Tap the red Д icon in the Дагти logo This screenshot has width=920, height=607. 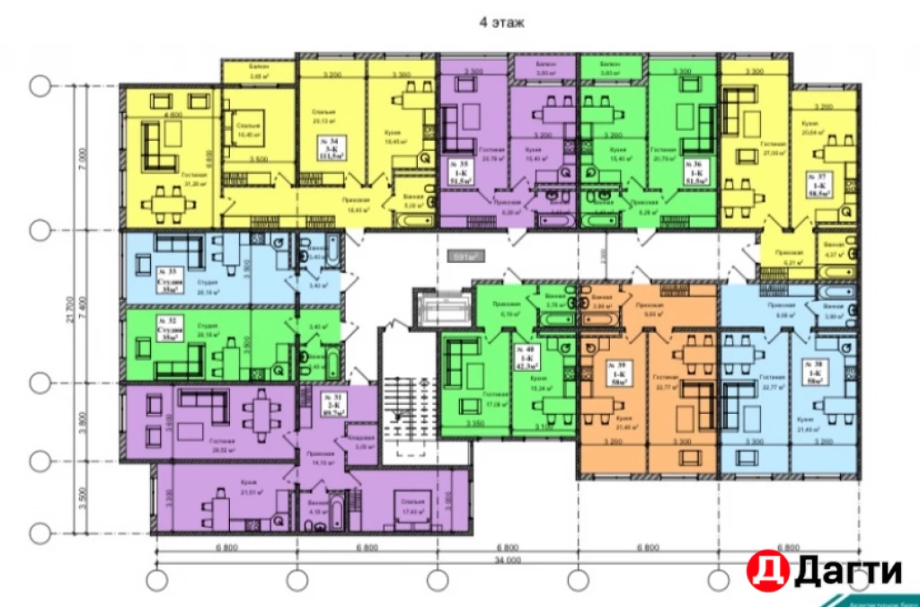[765, 569]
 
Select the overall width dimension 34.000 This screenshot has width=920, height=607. [507, 559]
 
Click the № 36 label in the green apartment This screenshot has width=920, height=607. [694, 171]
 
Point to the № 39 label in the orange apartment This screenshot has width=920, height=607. [615, 370]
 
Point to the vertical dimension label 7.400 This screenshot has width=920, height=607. [82, 305]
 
